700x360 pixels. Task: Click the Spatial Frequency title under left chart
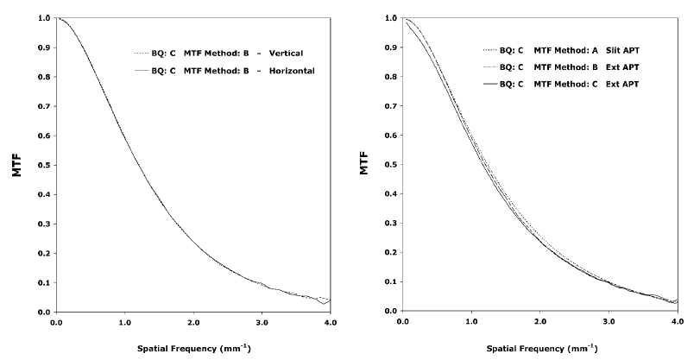click(x=192, y=351)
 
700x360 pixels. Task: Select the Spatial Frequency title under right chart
click(x=540, y=351)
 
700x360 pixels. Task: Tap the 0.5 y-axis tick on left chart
click(x=43, y=164)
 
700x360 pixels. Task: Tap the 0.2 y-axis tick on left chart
click(x=43, y=252)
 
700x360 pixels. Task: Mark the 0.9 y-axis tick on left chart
click(x=43, y=47)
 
